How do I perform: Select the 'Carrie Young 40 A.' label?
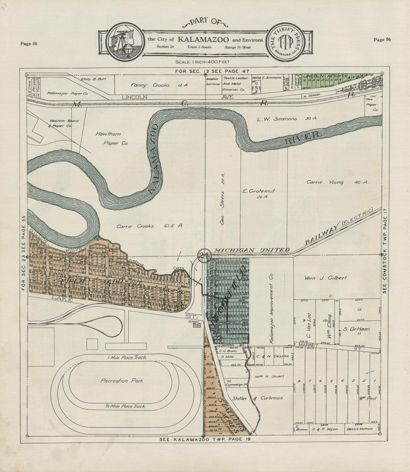click(337, 182)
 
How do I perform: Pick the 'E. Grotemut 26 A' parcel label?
click(264, 193)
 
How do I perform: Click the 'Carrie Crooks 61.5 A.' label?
click(140, 226)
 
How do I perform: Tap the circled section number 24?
click(203, 255)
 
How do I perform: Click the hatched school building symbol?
click(197, 325)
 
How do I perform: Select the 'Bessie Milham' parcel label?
click(359, 429)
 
